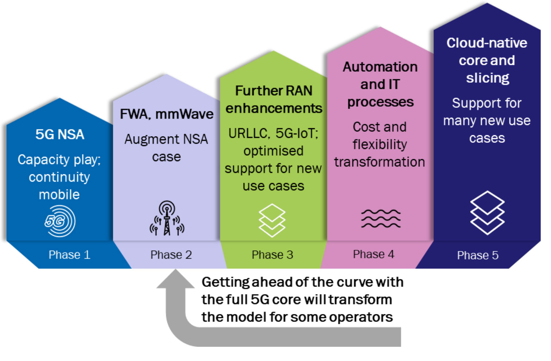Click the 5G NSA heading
point(60,134)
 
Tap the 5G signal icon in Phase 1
point(60,221)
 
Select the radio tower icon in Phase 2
point(167,218)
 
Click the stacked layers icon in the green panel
point(272,220)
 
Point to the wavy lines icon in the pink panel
point(381,219)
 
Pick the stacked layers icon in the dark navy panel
point(487,213)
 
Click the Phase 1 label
point(70,255)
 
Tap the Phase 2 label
point(171,255)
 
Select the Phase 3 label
point(273,255)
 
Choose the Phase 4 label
point(374,254)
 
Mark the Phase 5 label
point(478,255)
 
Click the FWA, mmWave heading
point(167,114)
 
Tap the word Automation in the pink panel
point(380,67)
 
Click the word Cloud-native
point(487,43)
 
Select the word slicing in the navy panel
point(488,78)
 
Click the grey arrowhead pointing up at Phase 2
point(175,279)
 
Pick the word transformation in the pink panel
point(380,162)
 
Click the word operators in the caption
point(361,318)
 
